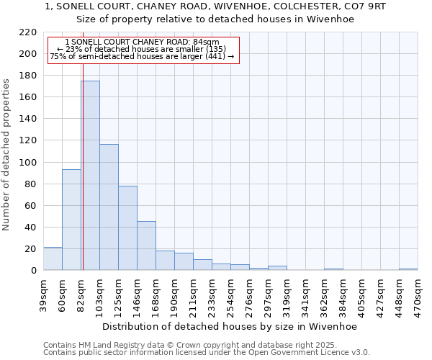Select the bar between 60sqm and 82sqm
71,220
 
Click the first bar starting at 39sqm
53,258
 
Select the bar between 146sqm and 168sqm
146,246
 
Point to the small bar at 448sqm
408,269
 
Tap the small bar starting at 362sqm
333,269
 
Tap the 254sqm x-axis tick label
230,295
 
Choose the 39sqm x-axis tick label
43,295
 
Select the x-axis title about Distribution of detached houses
230,326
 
